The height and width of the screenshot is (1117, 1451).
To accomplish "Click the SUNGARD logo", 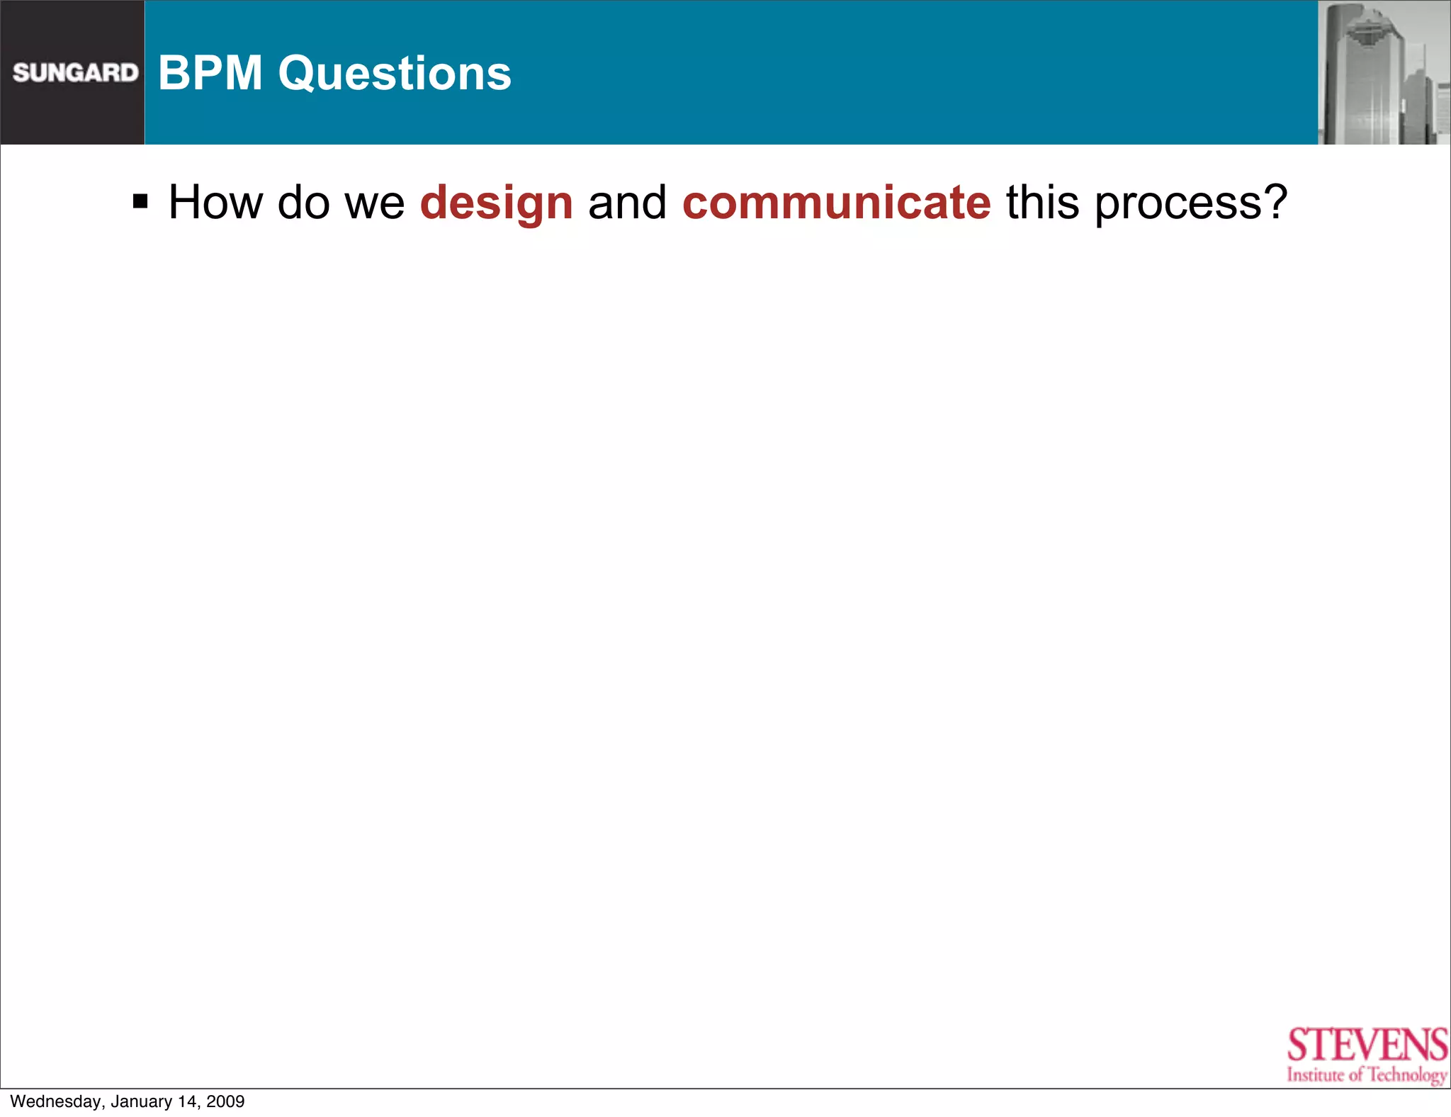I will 75,72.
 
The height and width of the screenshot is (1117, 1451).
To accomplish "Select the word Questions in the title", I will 395,73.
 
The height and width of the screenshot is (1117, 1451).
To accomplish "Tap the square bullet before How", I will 140,202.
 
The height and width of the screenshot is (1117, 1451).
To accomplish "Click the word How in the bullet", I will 215,203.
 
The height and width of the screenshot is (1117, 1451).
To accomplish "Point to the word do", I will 304,203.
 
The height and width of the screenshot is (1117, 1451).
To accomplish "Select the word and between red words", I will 627,203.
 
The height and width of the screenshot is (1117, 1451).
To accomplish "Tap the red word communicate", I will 836,203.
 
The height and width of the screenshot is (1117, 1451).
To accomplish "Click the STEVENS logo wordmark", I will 1367,1045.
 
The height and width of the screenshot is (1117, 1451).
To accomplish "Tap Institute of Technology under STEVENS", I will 1367,1074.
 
